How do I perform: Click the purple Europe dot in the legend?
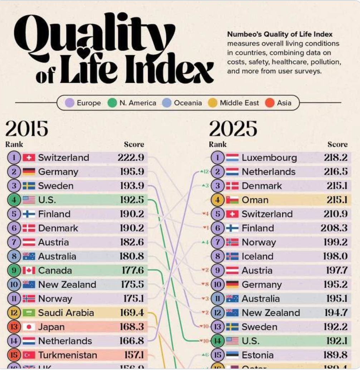click(x=69, y=103)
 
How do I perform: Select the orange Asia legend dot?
click(x=270, y=103)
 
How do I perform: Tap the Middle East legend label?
click(x=239, y=103)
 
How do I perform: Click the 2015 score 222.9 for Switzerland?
click(x=131, y=157)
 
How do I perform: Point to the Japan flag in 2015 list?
click(x=29, y=327)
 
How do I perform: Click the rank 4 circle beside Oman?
click(x=217, y=200)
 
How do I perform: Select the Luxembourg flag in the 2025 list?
click(x=232, y=157)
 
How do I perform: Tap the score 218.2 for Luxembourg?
click(x=336, y=157)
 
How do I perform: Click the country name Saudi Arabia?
click(x=66, y=313)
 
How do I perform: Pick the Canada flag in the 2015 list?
click(x=29, y=271)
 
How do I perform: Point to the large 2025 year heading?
click(x=233, y=129)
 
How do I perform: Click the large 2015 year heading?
click(x=27, y=129)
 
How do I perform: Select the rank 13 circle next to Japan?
click(x=14, y=327)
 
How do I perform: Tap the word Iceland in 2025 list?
click(x=257, y=256)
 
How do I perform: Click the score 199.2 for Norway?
click(x=335, y=242)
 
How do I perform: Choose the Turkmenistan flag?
click(x=29, y=355)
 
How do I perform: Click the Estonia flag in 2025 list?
click(x=232, y=355)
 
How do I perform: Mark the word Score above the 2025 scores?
click(x=337, y=145)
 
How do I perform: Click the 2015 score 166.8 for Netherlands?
click(x=131, y=341)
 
